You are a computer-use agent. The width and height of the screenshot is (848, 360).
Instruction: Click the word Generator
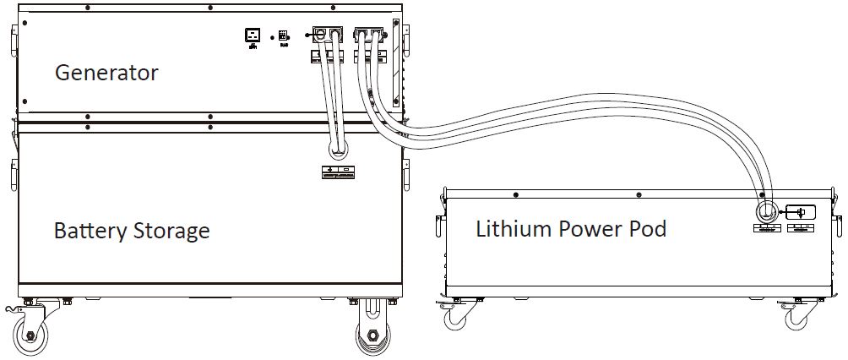(x=106, y=74)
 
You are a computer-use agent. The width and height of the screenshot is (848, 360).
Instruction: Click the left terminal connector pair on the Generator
(x=328, y=35)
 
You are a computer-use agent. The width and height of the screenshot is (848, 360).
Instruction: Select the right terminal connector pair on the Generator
(x=369, y=35)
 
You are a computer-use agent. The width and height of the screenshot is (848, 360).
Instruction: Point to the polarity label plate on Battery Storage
(x=338, y=172)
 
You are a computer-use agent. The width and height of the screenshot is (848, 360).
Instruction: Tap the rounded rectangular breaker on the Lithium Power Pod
(x=801, y=212)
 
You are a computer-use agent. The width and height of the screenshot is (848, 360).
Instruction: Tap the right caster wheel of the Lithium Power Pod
(x=798, y=319)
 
